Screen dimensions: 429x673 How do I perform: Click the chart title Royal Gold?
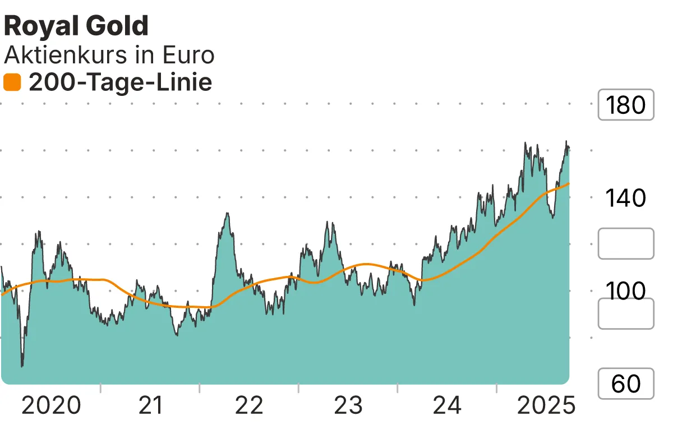click(76, 26)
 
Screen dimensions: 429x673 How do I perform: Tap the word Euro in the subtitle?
click(188, 56)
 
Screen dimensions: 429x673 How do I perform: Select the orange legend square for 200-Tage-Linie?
click(12, 83)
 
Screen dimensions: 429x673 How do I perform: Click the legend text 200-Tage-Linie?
click(120, 83)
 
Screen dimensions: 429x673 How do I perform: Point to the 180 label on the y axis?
click(626, 105)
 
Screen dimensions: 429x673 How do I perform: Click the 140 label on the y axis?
click(626, 198)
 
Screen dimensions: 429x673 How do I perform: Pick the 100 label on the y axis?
click(626, 291)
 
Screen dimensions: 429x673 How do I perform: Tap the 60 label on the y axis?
click(626, 384)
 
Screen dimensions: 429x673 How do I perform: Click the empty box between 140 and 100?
click(626, 244)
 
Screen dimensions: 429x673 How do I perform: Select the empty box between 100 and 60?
click(626, 313)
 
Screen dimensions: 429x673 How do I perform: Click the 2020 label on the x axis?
click(51, 405)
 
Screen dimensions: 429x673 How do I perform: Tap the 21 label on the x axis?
click(150, 405)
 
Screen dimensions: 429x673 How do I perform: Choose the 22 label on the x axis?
click(249, 405)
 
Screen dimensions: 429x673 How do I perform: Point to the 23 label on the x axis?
click(348, 405)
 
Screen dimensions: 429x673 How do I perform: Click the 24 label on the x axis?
click(447, 405)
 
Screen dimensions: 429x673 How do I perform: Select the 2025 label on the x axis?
click(546, 405)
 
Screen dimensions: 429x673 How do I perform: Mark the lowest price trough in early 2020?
click(22, 366)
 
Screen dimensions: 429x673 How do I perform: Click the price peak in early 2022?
click(227, 214)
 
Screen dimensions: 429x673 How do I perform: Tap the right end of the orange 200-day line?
click(569, 183)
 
